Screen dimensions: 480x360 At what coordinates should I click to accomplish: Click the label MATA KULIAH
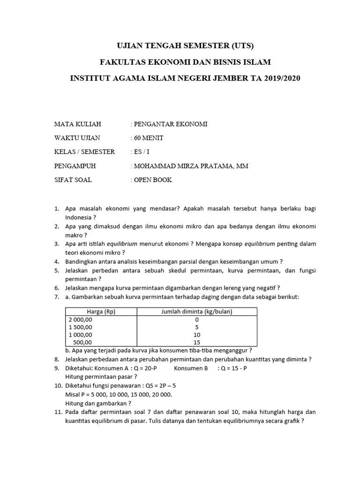click(x=78, y=124)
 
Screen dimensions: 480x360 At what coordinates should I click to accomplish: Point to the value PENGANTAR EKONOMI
click(x=171, y=124)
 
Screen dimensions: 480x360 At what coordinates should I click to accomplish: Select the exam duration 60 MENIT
click(x=149, y=138)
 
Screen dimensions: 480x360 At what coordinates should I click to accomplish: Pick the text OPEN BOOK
click(x=153, y=180)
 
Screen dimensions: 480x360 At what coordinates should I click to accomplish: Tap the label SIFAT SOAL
click(x=74, y=180)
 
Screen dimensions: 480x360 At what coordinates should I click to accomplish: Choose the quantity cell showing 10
click(x=197, y=335)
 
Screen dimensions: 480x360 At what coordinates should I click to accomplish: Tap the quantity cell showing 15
click(x=197, y=343)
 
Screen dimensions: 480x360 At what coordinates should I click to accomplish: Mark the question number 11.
click(x=58, y=412)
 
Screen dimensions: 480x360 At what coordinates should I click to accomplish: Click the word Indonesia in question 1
click(x=78, y=217)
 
